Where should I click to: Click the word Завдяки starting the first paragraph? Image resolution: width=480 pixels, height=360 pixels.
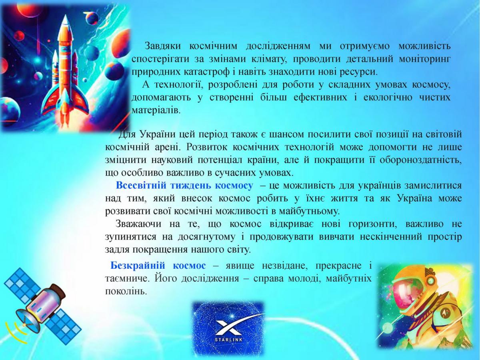pos(163,46)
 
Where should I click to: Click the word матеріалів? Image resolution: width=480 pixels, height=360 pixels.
pos(156,110)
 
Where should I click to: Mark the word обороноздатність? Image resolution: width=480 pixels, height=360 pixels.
pos(421,160)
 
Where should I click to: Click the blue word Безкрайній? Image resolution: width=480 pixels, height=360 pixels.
pos(138,266)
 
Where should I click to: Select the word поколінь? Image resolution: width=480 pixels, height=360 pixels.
pos(126,291)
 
